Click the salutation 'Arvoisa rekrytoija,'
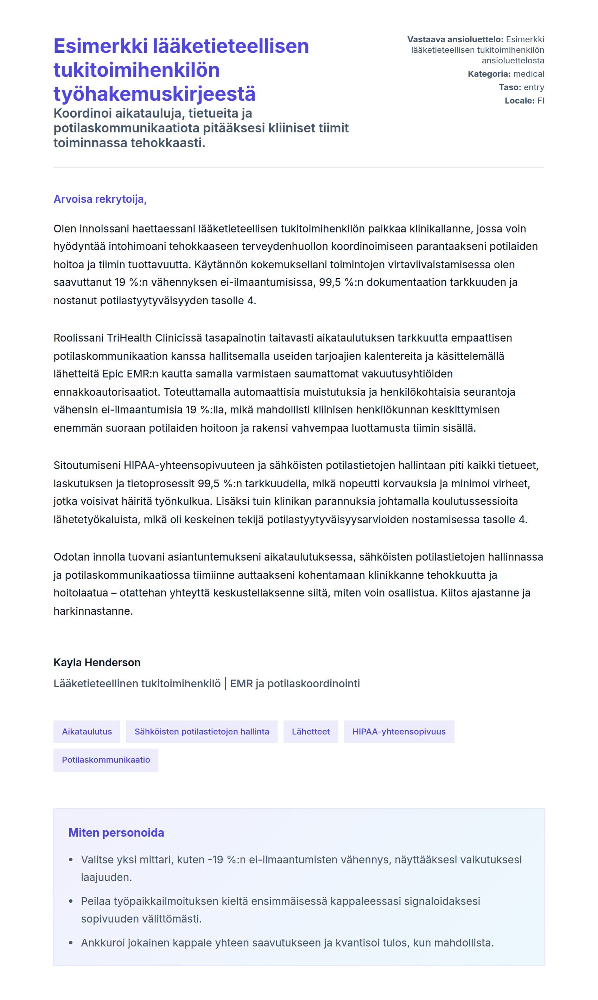pyautogui.click(x=100, y=199)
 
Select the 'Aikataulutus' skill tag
pyautogui.click(x=87, y=732)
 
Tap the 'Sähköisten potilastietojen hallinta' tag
pyautogui.click(x=202, y=732)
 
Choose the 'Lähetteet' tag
pyautogui.click(x=311, y=732)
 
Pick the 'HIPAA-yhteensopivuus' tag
pyautogui.click(x=399, y=732)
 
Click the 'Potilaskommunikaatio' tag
pyautogui.click(x=106, y=760)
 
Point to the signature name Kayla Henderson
pyautogui.click(x=97, y=662)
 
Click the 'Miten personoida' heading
pyautogui.click(x=116, y=833)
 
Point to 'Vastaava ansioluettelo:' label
pyautogui.click(x=455, y=39)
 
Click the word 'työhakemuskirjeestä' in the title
pyautogui.click(x=154, y=94)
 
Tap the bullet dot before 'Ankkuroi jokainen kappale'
pyautogui.click(x=71, y=943)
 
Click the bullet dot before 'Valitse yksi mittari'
pyautogui.click(x=71, y=860)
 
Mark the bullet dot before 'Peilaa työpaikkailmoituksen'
pyautogui.click(x=71, y=901)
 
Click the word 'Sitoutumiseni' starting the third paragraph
pyautogui.click(x=87, y=465)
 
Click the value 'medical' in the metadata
pyautogui.click(x=528, y=74)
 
